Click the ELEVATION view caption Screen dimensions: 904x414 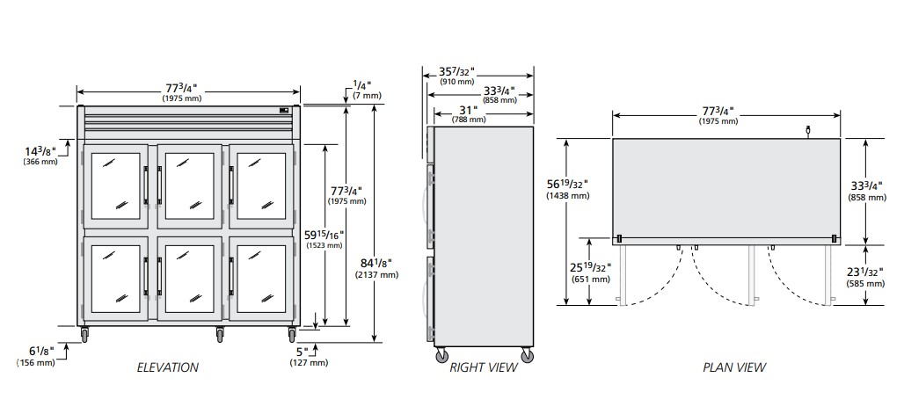click(x=168, y=367)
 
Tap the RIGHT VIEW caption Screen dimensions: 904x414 click(x=484, y=367)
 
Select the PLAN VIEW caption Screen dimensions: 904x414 click(x=734, y=367)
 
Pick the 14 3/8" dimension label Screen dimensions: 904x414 click(x=40, y=156)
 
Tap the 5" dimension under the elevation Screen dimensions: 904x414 click(x=310, y=356)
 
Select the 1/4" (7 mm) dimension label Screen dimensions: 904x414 click(x=364, y=91)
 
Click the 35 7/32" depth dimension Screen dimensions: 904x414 click(x=456, y=76)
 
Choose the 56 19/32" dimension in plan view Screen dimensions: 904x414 click(x=567, y=189)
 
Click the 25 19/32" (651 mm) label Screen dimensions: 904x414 click(x=591, y=273)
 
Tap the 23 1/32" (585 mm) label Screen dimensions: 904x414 click(x=866, y=278)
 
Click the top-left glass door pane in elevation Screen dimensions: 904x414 click(x=116, y=185)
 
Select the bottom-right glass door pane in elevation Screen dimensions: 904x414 click(x=261, y=279)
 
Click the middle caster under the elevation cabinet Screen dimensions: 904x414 click(x=220, y=334)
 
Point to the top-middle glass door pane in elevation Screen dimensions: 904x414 click(x=190, y=185)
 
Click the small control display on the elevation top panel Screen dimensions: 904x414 click(x=284, y=110)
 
